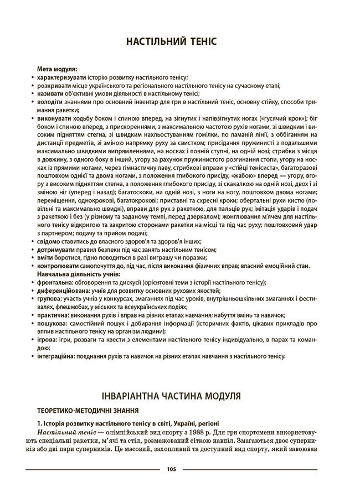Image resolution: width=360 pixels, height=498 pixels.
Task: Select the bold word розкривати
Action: pos(54,86)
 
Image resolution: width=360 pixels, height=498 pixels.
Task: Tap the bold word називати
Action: pos(52,94)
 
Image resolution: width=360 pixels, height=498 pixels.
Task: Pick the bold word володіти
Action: pos(52,102)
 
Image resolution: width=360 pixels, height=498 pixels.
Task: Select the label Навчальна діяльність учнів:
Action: pos(75,274)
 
